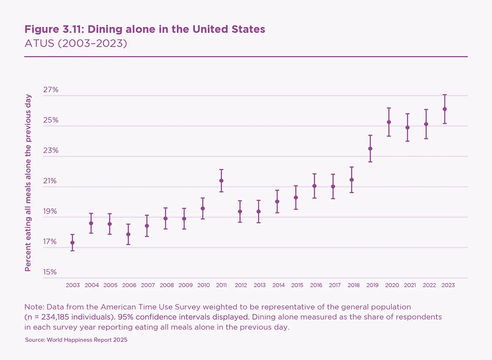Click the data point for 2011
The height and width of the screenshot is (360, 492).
point(221,181)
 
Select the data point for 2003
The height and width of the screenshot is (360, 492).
point(73,243)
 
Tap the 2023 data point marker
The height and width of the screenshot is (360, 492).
point(445,109)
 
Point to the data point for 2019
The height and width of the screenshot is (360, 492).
point(370,148)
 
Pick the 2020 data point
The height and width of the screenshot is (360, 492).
point(389,122)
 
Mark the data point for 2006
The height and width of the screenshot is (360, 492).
point(128,234)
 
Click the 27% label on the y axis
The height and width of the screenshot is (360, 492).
point(51,90)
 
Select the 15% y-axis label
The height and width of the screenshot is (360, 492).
point(50,272)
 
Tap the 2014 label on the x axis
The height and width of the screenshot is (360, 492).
point(278,285)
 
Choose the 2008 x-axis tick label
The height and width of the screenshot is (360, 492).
point(167,285)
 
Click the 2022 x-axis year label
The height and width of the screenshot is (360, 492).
point(429,285)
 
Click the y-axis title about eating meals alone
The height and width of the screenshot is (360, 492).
point(28,183)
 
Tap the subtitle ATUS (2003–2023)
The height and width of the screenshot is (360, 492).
point(76,43)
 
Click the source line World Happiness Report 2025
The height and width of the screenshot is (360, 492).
point(76,340)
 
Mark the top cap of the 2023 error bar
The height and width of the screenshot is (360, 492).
point(445,95)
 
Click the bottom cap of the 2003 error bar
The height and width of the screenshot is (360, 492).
point(73,251)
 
